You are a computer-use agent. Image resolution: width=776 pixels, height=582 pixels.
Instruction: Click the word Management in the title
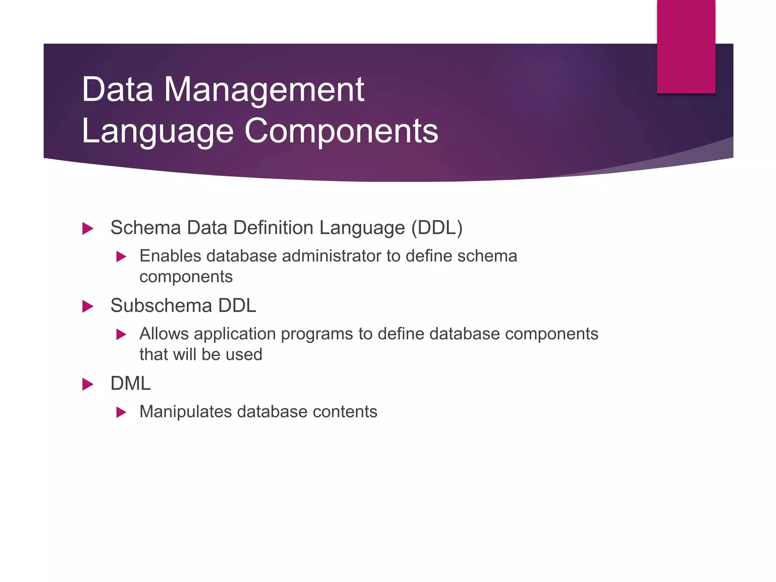[264, 90]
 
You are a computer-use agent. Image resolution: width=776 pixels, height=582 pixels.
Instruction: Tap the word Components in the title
[341, 131]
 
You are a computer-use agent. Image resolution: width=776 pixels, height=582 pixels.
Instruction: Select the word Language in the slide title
[157, 132]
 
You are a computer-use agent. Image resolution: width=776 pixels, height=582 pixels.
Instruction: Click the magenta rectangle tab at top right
[686, 46]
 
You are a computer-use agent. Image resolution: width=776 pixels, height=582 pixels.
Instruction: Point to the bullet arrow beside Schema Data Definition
[88, 228]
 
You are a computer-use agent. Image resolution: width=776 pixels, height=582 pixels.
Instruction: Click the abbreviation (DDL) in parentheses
[437, 228]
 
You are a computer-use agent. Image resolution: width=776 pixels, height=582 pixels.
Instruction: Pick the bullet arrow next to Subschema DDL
[88, 307]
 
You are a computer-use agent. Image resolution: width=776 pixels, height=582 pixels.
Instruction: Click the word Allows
[164, 334]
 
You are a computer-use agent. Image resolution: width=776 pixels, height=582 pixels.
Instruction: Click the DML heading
[130, 383]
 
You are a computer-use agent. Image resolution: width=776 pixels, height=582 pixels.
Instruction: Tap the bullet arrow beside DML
[88, 384]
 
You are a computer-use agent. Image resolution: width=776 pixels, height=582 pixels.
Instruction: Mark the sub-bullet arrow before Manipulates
[121, 412]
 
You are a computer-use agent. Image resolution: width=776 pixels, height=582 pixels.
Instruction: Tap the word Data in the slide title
[117, 90]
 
